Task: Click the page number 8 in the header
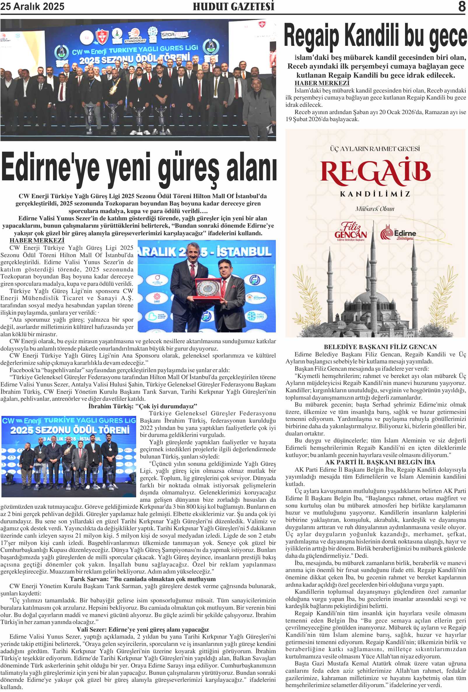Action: click(461, 6)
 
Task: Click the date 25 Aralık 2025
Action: click(32, 6)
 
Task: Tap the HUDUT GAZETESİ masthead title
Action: click(233, 6)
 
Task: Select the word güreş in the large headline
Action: click(188, 168)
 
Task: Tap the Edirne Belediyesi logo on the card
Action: click(398, 233)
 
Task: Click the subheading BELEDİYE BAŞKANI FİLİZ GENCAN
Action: click(380, 347)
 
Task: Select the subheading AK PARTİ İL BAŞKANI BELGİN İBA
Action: click(380, 462)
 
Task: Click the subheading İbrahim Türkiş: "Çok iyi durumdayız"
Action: click(143, 406)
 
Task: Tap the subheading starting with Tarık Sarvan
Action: click(143, 579)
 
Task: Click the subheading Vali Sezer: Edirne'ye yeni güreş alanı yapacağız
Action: click(143, 629)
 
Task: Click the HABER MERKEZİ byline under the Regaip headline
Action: click(322, 83)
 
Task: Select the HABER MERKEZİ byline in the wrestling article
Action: click(37, 240)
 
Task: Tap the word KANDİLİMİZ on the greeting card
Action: click(375, 194)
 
